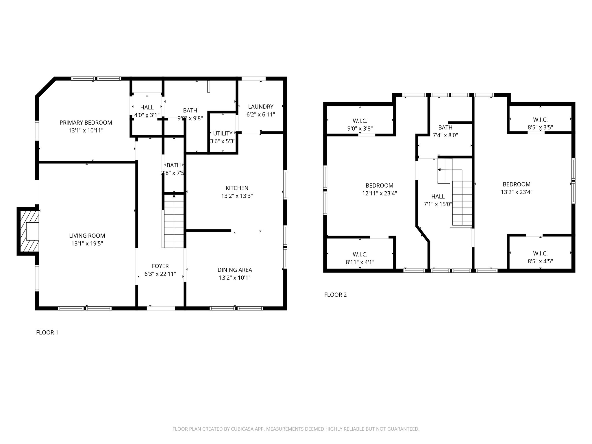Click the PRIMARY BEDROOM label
tap(86, 123)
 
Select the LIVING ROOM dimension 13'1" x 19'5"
tap(87, 244)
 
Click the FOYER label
tap(160, 266)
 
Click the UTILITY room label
tap(223, 133)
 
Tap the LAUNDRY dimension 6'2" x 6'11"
tap(260, 114)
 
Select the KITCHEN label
tap(237, 188)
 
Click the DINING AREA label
tap(235, 270)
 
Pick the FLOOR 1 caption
tap(47, 332)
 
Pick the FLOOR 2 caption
tap(335, 295)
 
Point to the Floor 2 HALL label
tap(438, 197)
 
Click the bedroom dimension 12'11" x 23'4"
tap(379, 193)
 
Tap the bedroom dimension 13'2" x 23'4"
tap(517, 192)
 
